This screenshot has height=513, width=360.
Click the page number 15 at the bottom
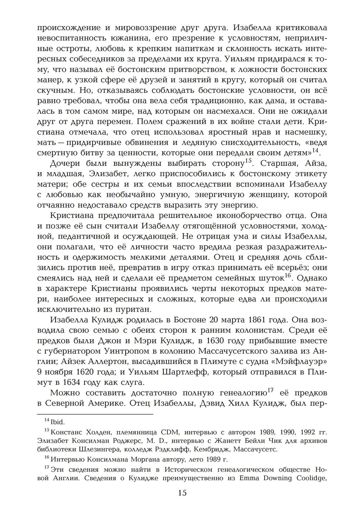[182, 493]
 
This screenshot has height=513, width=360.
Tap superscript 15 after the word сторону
[248, 161]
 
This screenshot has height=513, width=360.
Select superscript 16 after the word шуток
[287, 276]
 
